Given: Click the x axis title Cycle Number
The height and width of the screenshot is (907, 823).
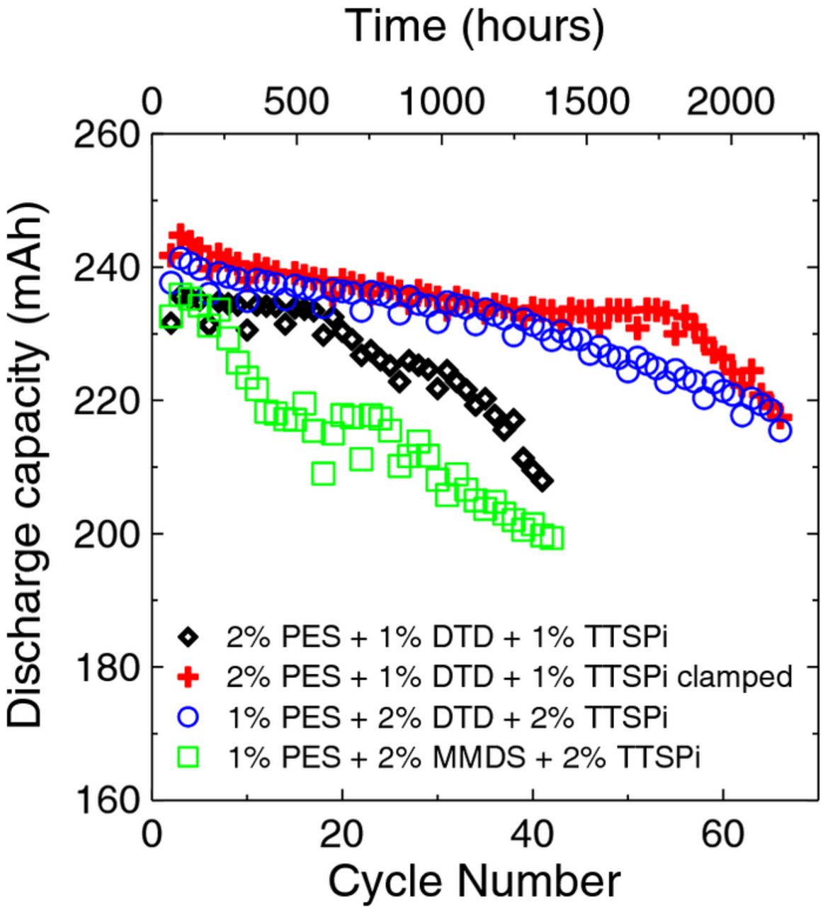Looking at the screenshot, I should tap(474, 881).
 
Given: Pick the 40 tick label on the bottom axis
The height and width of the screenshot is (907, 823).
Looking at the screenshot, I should tap(532, 834).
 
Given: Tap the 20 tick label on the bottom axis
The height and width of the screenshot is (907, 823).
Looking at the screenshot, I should tap(342, 834).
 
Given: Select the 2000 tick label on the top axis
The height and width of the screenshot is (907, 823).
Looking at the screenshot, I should tap(730, 103).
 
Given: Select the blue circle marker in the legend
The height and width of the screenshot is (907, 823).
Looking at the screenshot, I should tap(188, 719).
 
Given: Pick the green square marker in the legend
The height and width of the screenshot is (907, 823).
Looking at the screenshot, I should tap(188, 759).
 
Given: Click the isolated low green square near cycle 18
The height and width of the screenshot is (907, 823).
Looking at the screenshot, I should tap(324, 473).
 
